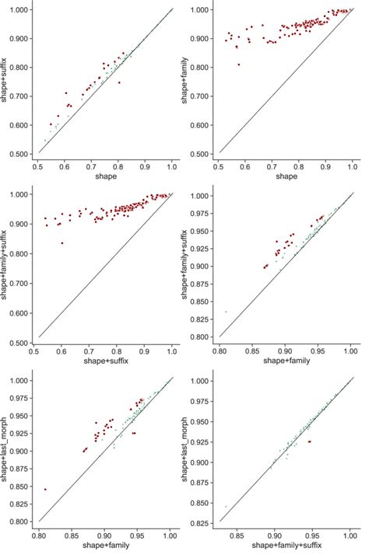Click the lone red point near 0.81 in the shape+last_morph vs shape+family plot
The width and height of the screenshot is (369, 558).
45,490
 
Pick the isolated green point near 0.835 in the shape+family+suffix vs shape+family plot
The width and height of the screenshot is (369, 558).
226,312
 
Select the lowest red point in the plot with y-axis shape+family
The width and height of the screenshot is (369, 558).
239,65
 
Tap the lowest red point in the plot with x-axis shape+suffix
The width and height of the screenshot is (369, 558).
61,242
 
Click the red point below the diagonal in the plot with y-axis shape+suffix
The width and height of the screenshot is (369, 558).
119,82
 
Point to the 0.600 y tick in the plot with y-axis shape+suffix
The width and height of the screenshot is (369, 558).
23,124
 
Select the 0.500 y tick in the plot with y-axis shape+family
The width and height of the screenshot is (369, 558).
206,153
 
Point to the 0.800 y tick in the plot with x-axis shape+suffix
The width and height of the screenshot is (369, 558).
23,253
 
